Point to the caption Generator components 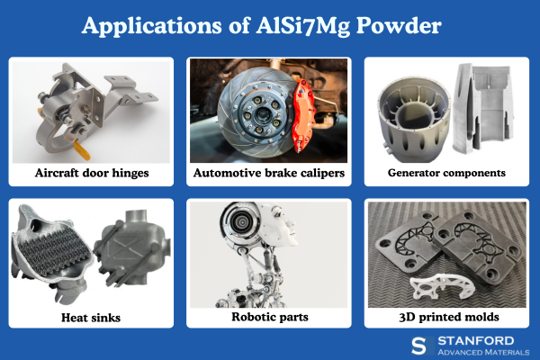click(446, 171)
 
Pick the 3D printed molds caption click(446, 318)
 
